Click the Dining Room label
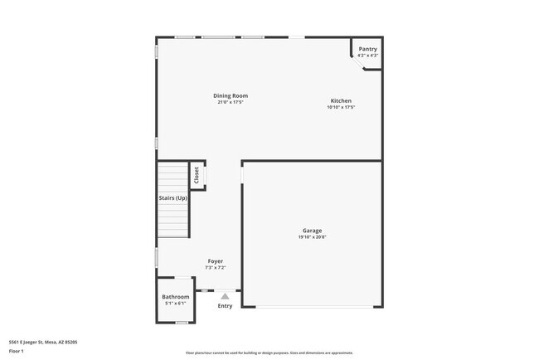231,95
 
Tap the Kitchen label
341,100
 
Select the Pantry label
367,49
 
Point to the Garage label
312,231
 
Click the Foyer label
216,261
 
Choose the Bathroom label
176,296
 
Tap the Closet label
197,175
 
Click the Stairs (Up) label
172,197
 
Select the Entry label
225,306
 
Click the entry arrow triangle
225,294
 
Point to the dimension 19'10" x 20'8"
312,237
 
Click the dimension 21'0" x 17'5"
231,102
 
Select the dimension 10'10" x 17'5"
341,107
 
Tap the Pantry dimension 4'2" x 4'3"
367,55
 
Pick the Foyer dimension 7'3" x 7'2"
216,267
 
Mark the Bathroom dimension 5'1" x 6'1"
176,303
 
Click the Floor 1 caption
17,351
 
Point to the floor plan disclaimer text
269,353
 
